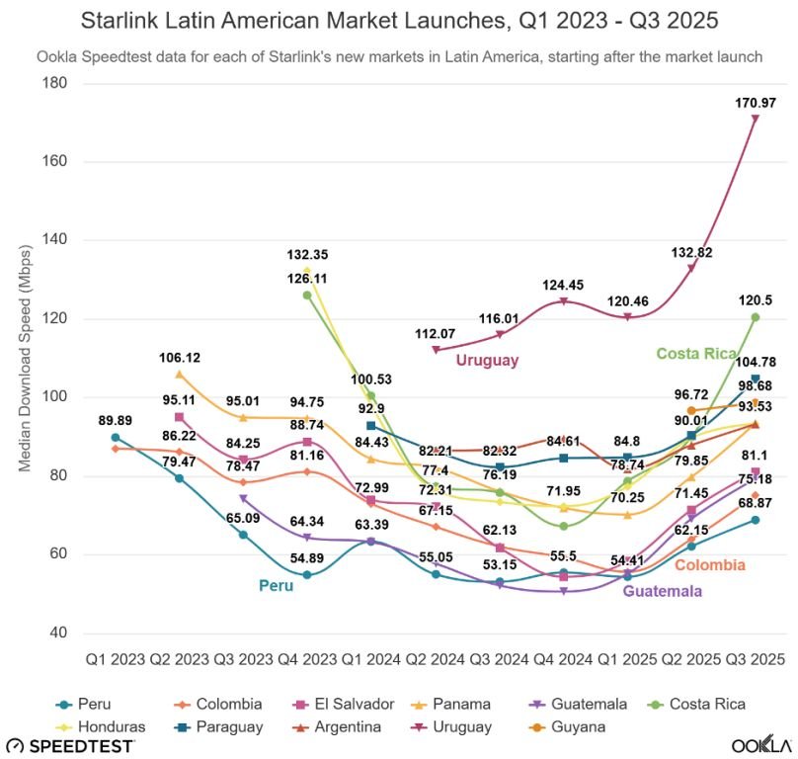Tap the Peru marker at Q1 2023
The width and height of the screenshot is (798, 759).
[x=116, y=438]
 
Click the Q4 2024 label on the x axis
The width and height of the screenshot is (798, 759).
[x=563, y=658]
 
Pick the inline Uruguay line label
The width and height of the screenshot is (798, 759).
[x=487, y=361]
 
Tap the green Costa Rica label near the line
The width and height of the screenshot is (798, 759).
[x=697, y=354]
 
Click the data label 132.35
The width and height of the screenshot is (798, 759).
[x=307, y=255]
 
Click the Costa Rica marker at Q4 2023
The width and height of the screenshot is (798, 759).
[x=307, y=295]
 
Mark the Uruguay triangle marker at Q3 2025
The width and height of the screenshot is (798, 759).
[x=755, y=119]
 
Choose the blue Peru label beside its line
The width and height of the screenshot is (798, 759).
[x=278, y=584]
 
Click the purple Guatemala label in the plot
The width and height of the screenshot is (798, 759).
[x=662, y=591]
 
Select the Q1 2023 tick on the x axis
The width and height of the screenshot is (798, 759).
[x=116, y=658]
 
